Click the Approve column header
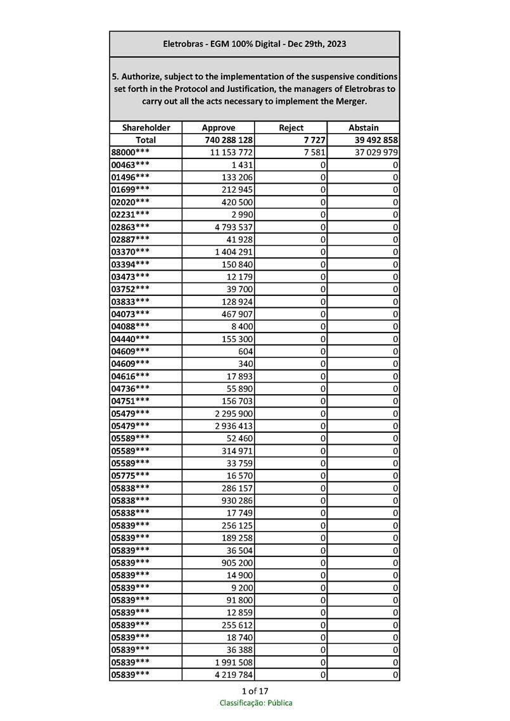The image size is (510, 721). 218,127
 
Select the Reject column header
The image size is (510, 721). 291,127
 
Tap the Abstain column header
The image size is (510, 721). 363,127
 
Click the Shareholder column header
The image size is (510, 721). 146,127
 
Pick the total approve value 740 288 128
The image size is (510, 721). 229,140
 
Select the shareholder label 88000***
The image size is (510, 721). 131,153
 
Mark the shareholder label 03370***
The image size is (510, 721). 131,252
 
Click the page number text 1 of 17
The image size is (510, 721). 255,691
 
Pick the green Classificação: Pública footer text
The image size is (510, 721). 255,703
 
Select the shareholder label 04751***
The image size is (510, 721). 131,401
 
